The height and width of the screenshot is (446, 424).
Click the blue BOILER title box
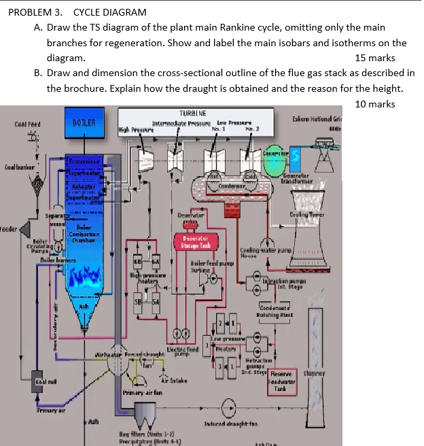coord(86,123)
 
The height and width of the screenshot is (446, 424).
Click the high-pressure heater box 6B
coord(139,262)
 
